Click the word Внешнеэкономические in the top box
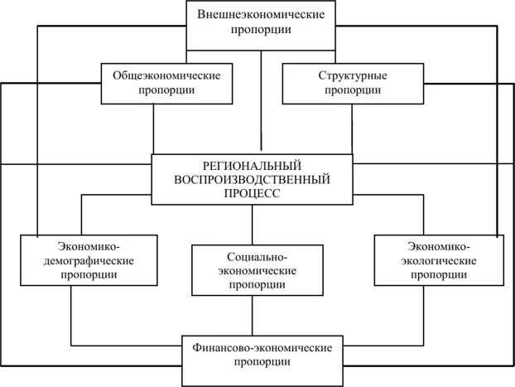coord(261,14)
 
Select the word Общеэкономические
coord(166,75)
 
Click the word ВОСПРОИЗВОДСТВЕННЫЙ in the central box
coord(252,178)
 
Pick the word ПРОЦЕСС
coord(252,192)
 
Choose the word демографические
coord(87,260)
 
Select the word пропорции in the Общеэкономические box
coord(166,89)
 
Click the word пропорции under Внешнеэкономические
coord(261,29)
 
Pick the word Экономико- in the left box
coord(87,246)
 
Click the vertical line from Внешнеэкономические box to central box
coord(262,99)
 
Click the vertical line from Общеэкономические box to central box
coord(154,128)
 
